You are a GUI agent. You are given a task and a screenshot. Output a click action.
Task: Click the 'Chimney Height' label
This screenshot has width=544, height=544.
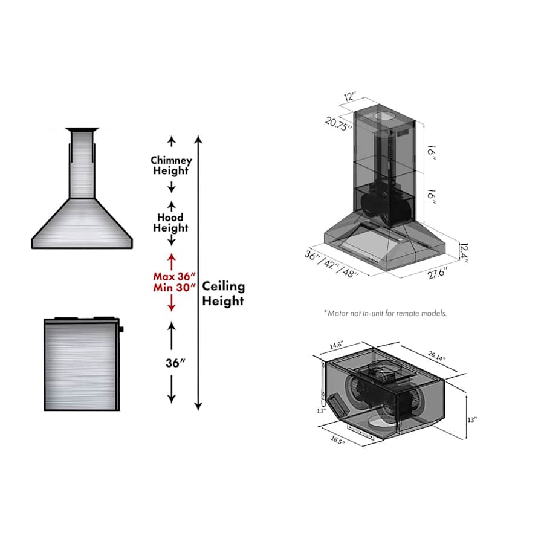[x=171, y=165]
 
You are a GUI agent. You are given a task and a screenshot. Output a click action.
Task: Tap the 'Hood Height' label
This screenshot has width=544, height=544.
[x=171, y=222]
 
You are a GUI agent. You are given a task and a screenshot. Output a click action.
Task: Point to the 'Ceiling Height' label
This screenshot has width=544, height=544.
[x=224, y=293]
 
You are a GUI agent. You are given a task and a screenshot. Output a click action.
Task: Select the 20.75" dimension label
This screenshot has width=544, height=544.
[x=338, y=123]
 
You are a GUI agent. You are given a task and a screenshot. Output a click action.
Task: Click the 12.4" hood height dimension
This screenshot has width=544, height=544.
[x=463, y=249]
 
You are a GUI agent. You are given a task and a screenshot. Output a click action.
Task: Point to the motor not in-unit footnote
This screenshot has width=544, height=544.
[x=385, y=313]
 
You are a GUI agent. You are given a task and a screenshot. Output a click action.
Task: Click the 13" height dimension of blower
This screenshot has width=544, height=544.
[x=472, y=419]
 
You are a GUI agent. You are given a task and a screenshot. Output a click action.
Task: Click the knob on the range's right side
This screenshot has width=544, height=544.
[x=121, y=329]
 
